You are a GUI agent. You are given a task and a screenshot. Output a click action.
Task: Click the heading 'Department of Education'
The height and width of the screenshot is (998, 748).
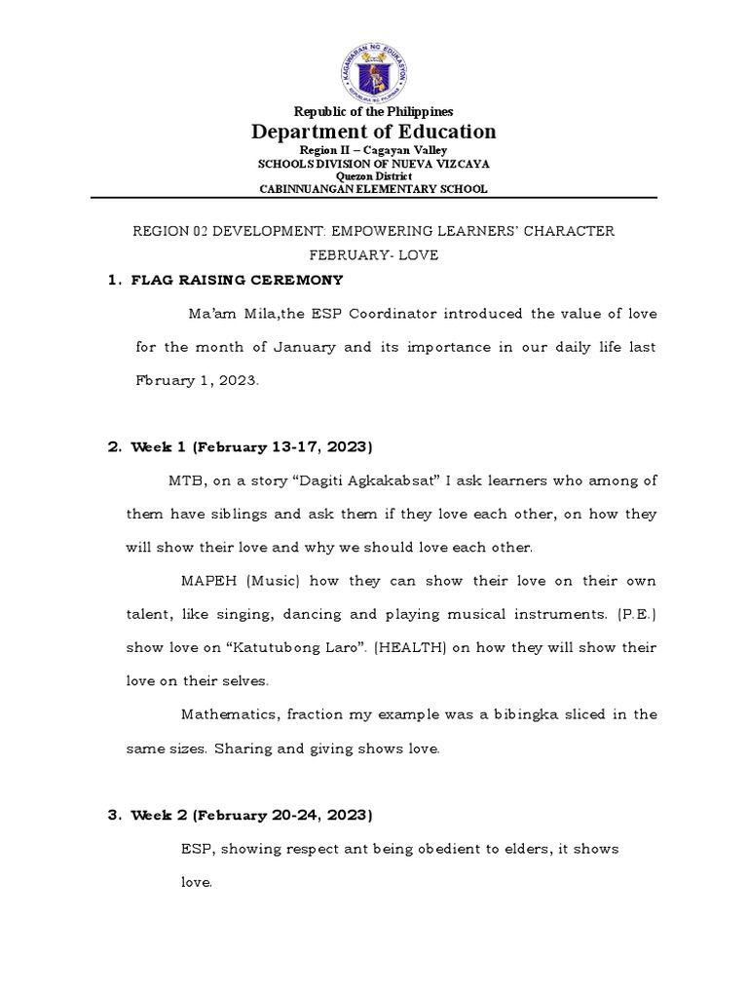374,132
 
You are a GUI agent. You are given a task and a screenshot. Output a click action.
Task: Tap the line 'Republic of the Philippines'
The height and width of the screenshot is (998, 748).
374,112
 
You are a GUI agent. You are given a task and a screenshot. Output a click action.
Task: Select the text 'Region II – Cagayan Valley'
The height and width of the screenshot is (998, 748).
374,150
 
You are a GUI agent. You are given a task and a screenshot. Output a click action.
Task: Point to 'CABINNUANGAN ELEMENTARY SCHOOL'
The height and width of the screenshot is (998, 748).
374,189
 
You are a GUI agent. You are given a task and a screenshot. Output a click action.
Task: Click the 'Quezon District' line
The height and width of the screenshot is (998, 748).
374,176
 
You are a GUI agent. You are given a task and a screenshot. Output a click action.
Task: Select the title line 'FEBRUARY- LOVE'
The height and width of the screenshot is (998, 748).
374,255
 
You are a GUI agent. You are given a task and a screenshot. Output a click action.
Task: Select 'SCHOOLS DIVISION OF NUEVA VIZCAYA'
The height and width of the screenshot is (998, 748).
374,164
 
